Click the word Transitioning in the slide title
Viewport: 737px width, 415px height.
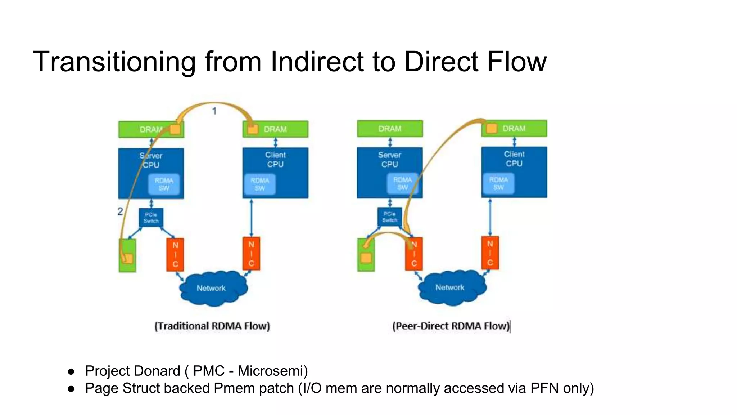[114, 62]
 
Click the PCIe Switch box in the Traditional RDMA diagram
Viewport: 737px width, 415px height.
[151, 218]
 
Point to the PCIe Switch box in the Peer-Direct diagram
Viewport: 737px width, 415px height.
[390, 217]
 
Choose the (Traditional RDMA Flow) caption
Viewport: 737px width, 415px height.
[212, 326]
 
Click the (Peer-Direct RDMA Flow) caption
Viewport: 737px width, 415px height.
[451, 326]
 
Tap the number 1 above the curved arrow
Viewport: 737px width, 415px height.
[214, 111]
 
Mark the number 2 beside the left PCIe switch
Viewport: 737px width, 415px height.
[120, 211]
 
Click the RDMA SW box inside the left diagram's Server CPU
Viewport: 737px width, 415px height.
[164, 184]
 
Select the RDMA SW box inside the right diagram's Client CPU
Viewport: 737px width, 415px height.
[499, 183]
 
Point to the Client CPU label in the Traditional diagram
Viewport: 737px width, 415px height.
[275, 160]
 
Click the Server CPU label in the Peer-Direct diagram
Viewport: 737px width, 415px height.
[390, 160]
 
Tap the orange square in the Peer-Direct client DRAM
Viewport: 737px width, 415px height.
[492, 128]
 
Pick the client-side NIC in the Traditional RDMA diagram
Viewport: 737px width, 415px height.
[251, 254]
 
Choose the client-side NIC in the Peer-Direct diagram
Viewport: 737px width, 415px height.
[490, 253]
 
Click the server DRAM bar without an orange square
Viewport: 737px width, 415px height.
[390, 129]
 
